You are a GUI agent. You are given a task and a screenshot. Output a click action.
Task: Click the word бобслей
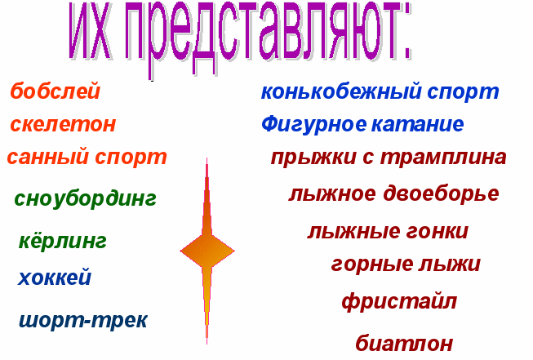pyautogui.click(x=55, y=91)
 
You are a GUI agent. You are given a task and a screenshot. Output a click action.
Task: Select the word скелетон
pyautogui.click(x=63, y=124)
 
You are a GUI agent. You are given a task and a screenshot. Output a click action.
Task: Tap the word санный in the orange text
pyautogui.click(x=47, y=157)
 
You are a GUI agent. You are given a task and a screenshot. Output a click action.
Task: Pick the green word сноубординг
pyautogui.click(x=86, y=199)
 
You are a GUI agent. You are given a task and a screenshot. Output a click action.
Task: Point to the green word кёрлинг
pyautogui.click(x=63, y=241)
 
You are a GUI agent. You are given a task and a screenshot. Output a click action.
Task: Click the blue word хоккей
pyautogui.click(x=55, y=277)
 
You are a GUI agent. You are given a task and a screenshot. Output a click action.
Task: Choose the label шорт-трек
pyautogui.click(x=83, y=321)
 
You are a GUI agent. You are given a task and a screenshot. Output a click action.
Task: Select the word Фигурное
pyautogui.click(x=314, y=125)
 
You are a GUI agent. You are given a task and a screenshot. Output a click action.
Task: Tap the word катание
pyautogui.click(x=418, y=124)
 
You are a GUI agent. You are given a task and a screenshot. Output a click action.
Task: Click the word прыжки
pyautogui.click(x=313, y=158)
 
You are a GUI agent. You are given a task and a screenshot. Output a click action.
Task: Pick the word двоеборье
pyautogui.click(x=442, y=194)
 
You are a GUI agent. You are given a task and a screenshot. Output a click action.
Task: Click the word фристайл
pyautogui.click(x=399, y=301)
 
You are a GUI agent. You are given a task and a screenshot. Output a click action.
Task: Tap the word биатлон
pyautogui.click(x=404, y=342)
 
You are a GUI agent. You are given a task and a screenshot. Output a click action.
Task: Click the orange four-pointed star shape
pyautogui.click(x=207, y=251)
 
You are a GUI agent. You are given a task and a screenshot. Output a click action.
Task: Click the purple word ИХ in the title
pyautogui.click(x=90, y=32)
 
